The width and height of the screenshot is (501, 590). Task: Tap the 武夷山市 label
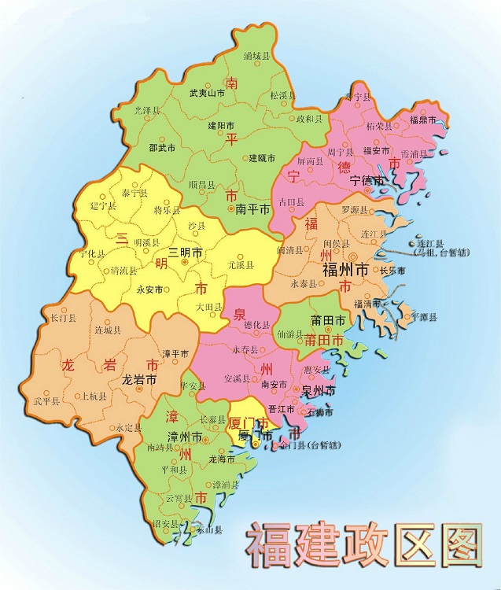point(208,93)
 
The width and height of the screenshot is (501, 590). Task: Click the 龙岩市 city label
point(139,379)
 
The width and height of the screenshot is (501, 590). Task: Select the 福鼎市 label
point(427,120)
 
